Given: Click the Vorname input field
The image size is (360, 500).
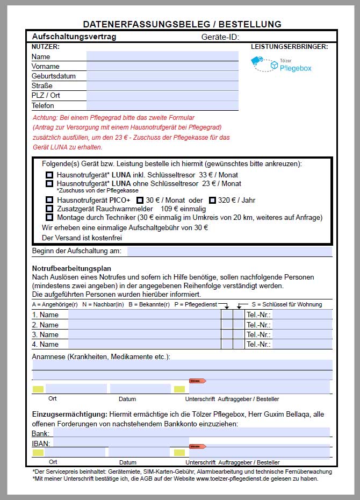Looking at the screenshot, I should [x=162, y=66].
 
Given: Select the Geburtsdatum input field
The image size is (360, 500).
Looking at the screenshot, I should [x=162, y=76].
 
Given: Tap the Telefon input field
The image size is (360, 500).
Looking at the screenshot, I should [x=162, y=105].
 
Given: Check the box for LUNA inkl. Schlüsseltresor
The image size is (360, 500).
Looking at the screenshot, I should [x=49, y=175].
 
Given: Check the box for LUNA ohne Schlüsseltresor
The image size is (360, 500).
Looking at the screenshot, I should [x=49, y=183].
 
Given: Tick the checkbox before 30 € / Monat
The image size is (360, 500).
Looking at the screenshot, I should [x=140, y=200].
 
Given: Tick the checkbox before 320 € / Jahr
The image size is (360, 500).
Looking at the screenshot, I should [x=212, y=200].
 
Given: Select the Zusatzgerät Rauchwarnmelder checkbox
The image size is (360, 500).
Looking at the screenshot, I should [x=49, y=209].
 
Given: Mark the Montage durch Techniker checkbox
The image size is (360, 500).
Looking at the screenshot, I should [x=49, y=217].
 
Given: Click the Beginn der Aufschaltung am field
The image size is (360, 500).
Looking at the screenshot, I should [x=229, y=251].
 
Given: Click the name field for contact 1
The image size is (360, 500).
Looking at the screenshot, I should [x=144, y=315].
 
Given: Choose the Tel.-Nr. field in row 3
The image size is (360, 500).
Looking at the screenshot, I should [x=302, y=334].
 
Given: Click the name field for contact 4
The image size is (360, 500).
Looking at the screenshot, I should [x=144, y=344].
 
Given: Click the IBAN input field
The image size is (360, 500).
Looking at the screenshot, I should [x=191, y=442].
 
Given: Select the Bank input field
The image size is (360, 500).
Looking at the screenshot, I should [x=190, y=432].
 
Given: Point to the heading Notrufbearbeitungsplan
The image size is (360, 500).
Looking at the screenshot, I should [x=71, y=268].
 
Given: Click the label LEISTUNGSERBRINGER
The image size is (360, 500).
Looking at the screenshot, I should [x=289, y=47].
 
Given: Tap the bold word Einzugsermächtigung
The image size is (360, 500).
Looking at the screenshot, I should [x=69, y=414].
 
